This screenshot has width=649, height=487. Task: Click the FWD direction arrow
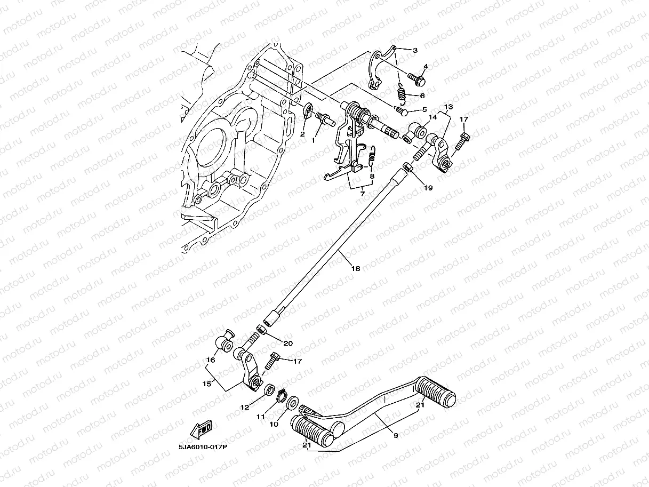coord(201,430)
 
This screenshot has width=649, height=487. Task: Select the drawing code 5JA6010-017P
coord(203,448)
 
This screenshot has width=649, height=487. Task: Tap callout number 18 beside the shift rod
coord(355,269)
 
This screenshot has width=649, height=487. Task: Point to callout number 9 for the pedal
coord(395,436)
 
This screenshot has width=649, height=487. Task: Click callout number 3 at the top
coord(415,50)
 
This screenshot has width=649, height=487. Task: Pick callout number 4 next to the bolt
coord(426,67)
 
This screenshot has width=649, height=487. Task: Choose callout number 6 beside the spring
coord(422,96)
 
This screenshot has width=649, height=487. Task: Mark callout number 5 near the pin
coord(424,109)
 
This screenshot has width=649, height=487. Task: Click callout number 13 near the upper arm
coord(448,107)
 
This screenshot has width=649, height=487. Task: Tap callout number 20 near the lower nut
coord(288,343)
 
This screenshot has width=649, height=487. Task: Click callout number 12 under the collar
coord(245,407)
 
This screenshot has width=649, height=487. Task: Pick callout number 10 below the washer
coord(274,425)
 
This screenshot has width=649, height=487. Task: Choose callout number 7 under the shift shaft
coord(362,194)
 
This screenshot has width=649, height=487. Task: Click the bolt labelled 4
coord(416,81)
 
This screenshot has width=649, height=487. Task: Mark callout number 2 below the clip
coord(302,134)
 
